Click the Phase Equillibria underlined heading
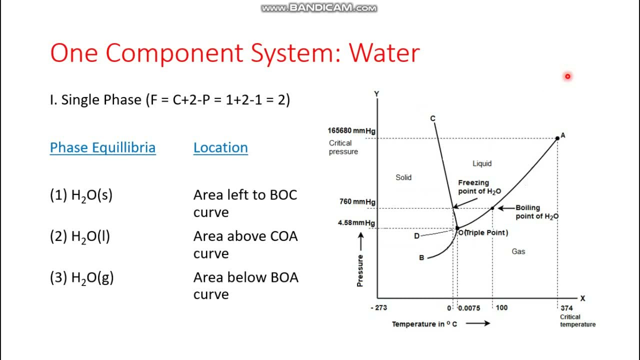[x=102, y=147]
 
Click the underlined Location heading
[x=220, y=147]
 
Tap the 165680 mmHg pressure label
[x=351, y=130]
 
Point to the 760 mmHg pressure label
[x=357, y=202]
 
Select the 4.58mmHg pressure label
[x=356, y=223]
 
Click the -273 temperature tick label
[x=378, y=307]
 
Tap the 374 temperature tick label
[x=566, y=308]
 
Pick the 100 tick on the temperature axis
[x=501, y=307]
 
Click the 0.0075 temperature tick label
[x=469, y=308]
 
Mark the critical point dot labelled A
[x=557, y=138]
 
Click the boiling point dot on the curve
[x=492, y=208]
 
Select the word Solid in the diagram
[x=403, y=177]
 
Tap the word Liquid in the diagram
[x=482, y=163]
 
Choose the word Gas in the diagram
[x=518, y=251]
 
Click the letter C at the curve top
[x=432, y=118]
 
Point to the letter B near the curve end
[x=421, y=258]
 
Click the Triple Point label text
[x=486, y=232]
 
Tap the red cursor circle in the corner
[x=567, y=76]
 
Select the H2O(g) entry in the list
[x=81, y=278]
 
